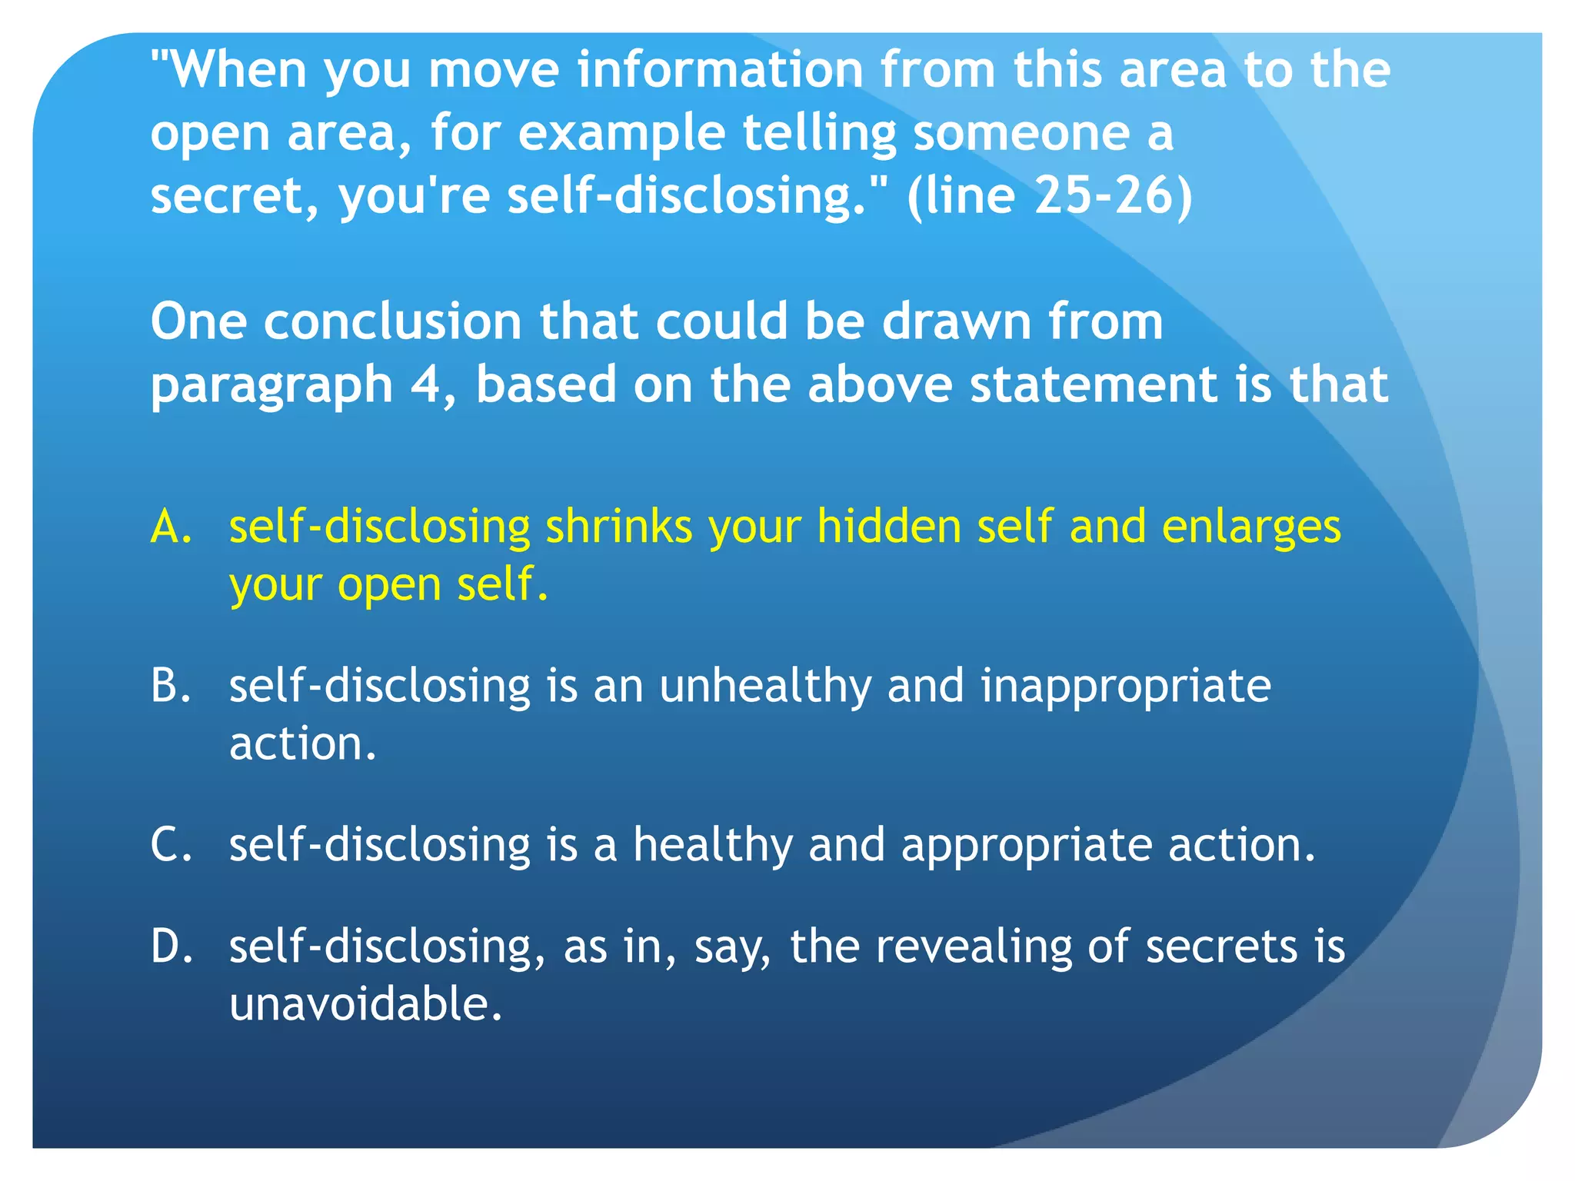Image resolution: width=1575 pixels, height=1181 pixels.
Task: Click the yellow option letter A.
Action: pos(171,527)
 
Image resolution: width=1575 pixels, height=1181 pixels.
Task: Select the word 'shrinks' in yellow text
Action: pos(619,527)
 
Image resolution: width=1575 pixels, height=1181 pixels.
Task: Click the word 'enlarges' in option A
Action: pos(1251,527)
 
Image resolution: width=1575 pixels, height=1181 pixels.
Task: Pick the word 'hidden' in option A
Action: pos(889,527)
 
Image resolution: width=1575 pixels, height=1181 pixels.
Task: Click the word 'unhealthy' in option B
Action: pos(765,686)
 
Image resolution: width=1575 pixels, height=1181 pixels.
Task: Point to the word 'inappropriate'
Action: pos(1126,686)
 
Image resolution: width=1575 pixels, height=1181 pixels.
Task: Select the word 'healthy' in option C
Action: pos(712,844)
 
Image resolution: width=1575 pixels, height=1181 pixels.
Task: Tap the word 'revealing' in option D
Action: pos(974,946)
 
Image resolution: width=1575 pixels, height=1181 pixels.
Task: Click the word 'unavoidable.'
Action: pos(366,1004)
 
